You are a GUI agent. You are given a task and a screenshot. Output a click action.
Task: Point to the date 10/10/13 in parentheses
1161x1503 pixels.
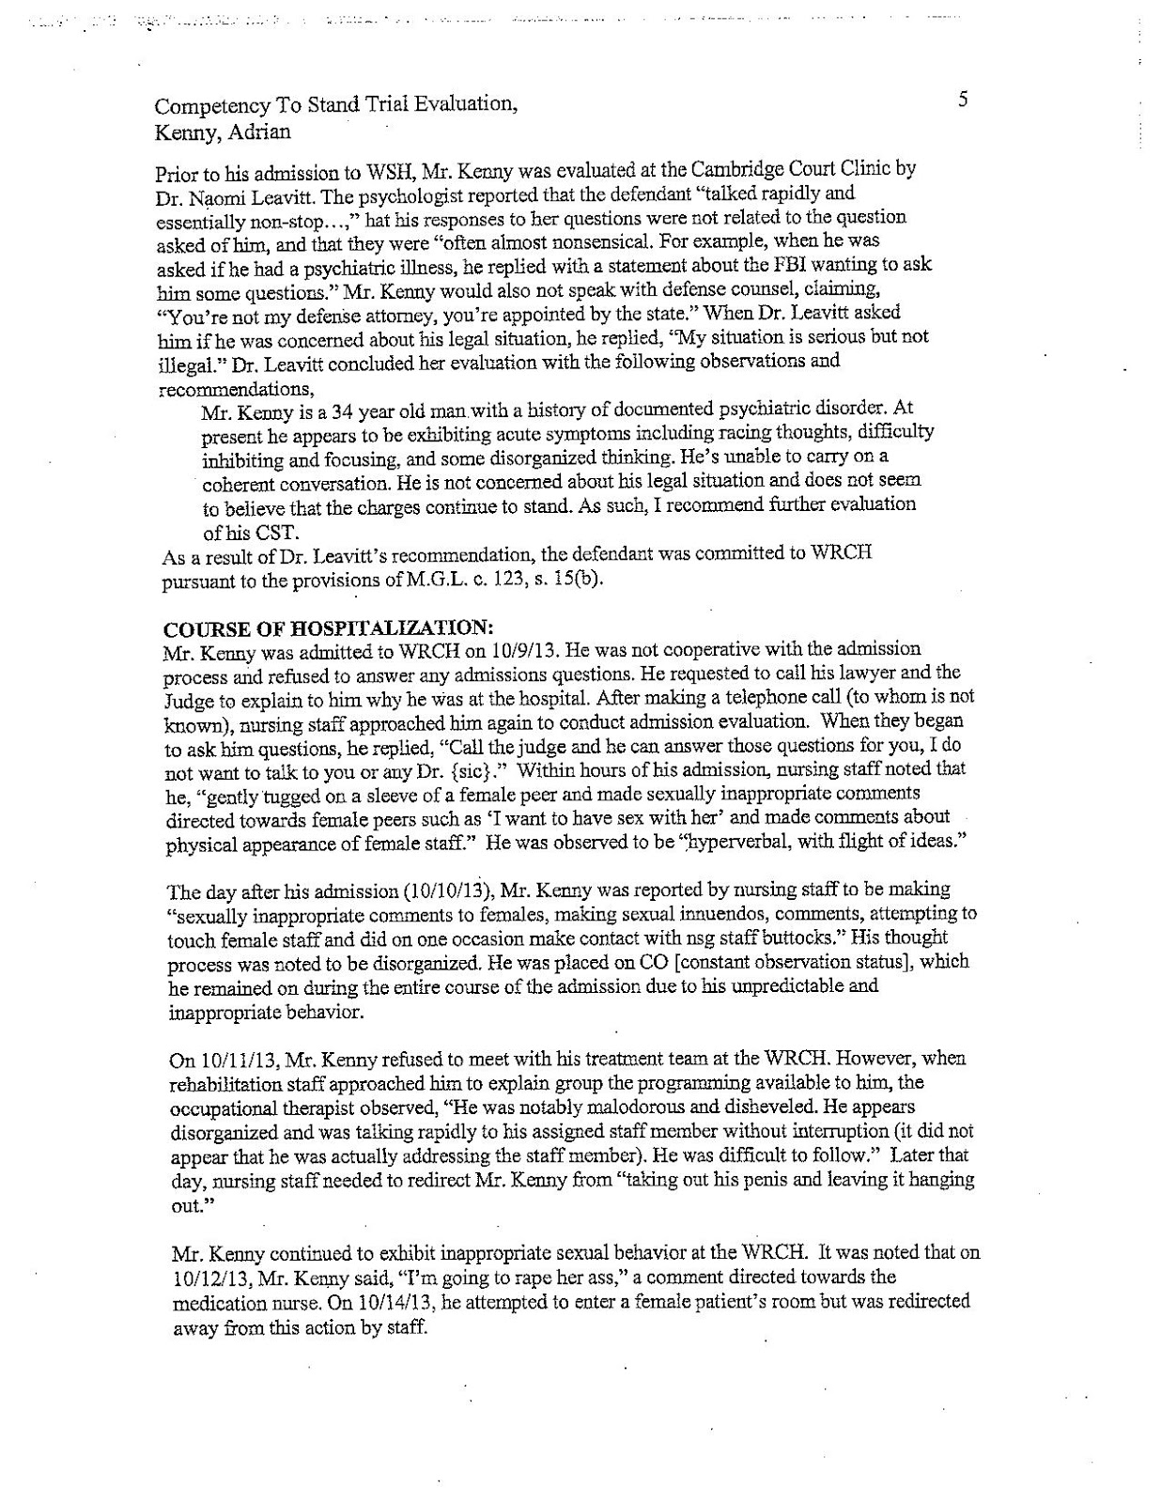[447, 890]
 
